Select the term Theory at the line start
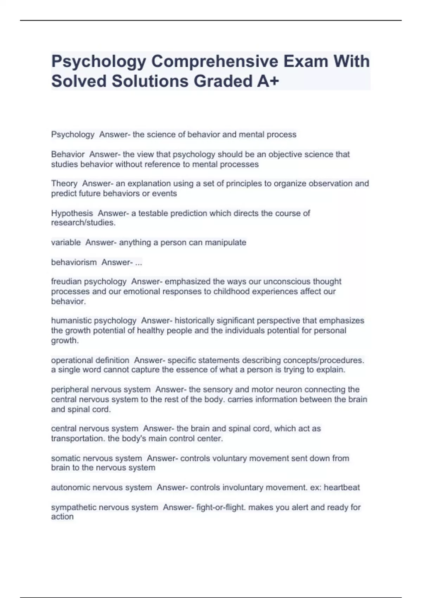[64, 184]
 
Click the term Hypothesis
[72, 213]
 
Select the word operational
[70, 360]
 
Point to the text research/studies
[83, 223]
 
